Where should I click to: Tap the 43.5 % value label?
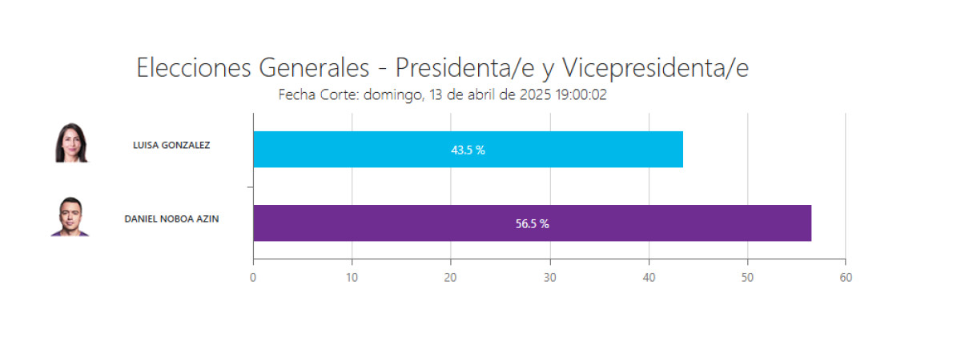[468, 150]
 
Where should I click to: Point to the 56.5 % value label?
[532, 224]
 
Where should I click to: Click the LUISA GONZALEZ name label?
[171, 145]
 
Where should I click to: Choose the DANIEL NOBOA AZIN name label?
[171, 219]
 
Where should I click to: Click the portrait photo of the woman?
[70, 143]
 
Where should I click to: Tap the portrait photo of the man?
[70, 216]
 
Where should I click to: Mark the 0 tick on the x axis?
[253, 278]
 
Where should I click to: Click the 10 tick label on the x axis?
[352, 278]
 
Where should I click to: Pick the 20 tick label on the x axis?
[451, 278]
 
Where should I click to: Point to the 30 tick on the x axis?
[549, 278]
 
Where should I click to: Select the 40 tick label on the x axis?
[649, 278]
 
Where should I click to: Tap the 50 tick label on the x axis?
[747, 278]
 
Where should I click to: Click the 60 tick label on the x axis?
[846, 278]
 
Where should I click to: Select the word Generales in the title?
[315, 68]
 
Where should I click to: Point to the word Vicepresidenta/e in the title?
[655, 68]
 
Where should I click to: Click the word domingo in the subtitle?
[392, 95]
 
